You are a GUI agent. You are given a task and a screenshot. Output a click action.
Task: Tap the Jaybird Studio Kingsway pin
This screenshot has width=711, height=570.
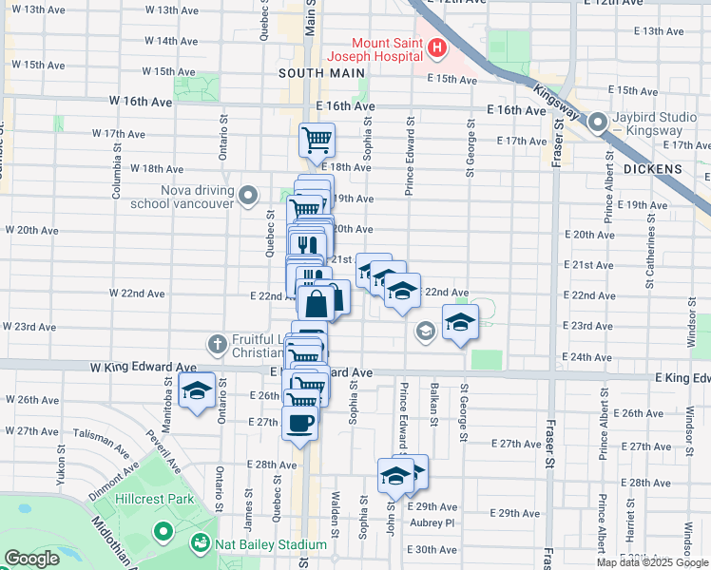click(598, 123)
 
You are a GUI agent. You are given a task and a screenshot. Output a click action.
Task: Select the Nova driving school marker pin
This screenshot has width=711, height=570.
click(249, 196)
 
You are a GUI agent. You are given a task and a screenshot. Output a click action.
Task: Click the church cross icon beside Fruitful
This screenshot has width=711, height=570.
click(217, 343)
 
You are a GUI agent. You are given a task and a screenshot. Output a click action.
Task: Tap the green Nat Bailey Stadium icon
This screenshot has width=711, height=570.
click(201, 544)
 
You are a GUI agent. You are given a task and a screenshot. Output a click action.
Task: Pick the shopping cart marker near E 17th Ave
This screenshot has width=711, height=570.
click(317, 141)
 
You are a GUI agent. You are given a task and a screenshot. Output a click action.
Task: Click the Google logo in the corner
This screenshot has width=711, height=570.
click(31, 559)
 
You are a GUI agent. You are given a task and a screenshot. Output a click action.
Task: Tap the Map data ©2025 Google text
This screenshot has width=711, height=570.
click(652, 561)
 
